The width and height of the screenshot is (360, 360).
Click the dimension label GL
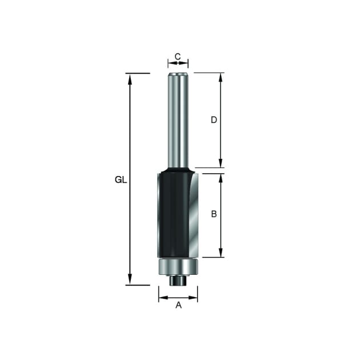[x=121, y=180]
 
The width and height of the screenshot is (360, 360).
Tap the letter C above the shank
[x=178, y=56]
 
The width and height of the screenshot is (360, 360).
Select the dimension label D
[x=214, y=119]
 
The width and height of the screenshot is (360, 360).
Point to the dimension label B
[x=214, y=214]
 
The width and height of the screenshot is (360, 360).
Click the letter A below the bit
[x=178, y=305]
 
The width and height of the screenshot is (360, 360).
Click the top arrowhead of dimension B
[x=221, y=178]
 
